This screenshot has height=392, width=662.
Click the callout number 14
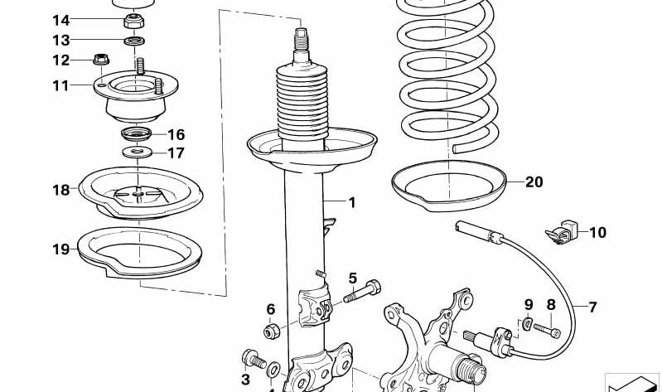[x=60, y=20]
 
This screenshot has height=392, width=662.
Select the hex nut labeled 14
[x=134, y=21]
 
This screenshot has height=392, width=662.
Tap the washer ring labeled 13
[x=135, y=41]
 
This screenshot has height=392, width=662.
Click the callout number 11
[x=60, y=85]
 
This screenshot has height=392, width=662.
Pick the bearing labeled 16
[x=136, y=134]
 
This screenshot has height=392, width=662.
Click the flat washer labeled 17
[x=138, y=152]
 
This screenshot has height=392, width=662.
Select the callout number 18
[x=60, y=190]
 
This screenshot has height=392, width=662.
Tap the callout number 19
[x=60, y=249]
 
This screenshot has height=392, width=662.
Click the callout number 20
[x=534, y=182]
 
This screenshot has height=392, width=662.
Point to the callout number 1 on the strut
[x=352, y=203]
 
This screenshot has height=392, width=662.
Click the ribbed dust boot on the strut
[x=302, y=103]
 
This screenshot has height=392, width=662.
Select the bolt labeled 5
[x=362, y=292]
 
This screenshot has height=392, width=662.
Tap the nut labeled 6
[x=272, y=332]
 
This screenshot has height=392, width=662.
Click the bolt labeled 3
[x=254, y=359]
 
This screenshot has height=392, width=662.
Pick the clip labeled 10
[x=561, y=232]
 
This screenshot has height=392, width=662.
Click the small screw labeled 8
[x=547, y=330]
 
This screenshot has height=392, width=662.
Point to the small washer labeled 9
[x=526, y=324]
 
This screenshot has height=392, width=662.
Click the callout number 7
[x=592, y=307]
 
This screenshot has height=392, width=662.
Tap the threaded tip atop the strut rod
[x=301, y=39]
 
